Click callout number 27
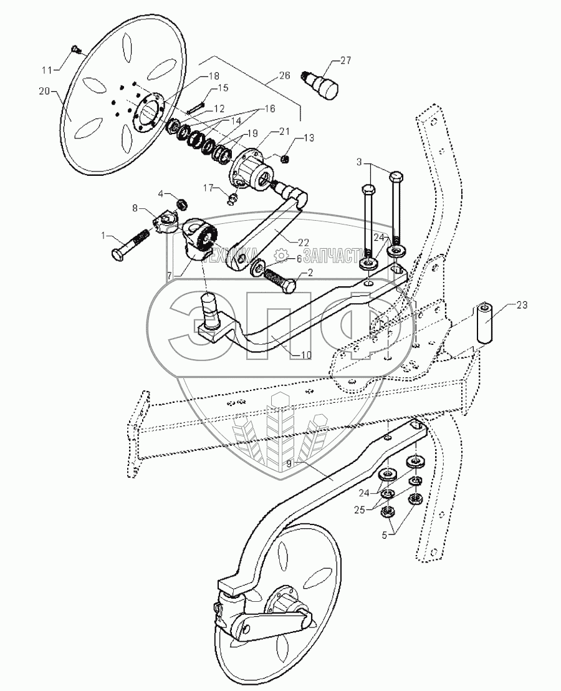(x=345, y=60)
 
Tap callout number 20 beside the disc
(x=44, y=91)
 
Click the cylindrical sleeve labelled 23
(x=486, y=319)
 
